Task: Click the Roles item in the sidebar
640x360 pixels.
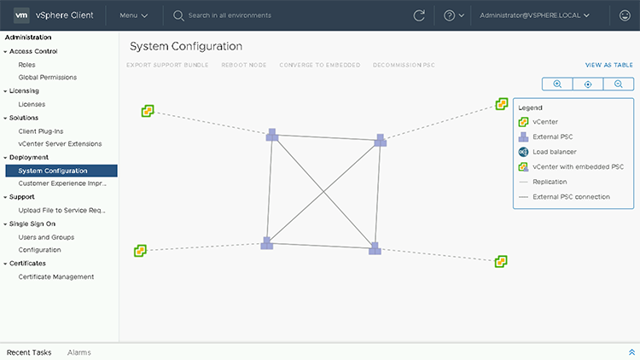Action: tap(27, 64)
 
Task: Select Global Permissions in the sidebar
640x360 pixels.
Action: tap(47, 77)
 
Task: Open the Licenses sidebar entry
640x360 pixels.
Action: tap(32, 104)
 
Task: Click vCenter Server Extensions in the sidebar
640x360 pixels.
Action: tap(54, 143)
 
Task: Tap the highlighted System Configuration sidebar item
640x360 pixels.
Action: tap(53, 171)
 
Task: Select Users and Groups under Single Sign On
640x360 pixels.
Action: tap(46, 237)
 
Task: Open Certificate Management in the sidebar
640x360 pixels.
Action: tap(56, 276)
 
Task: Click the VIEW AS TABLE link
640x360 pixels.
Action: tap(608, 65)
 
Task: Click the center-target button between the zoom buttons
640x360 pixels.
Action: tap(588, 84)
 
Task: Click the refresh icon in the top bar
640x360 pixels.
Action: tap(419, 15)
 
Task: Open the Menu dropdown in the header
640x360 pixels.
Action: tap(134, 15)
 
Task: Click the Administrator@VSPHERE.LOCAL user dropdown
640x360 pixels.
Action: tap(535, 15)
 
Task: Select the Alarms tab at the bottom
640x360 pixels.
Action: tap(79, 352)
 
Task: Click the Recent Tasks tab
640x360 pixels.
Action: tap(29, 352)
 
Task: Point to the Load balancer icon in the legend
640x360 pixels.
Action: tap(523, 152)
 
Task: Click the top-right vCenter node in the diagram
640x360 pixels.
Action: tap(502, 104)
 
